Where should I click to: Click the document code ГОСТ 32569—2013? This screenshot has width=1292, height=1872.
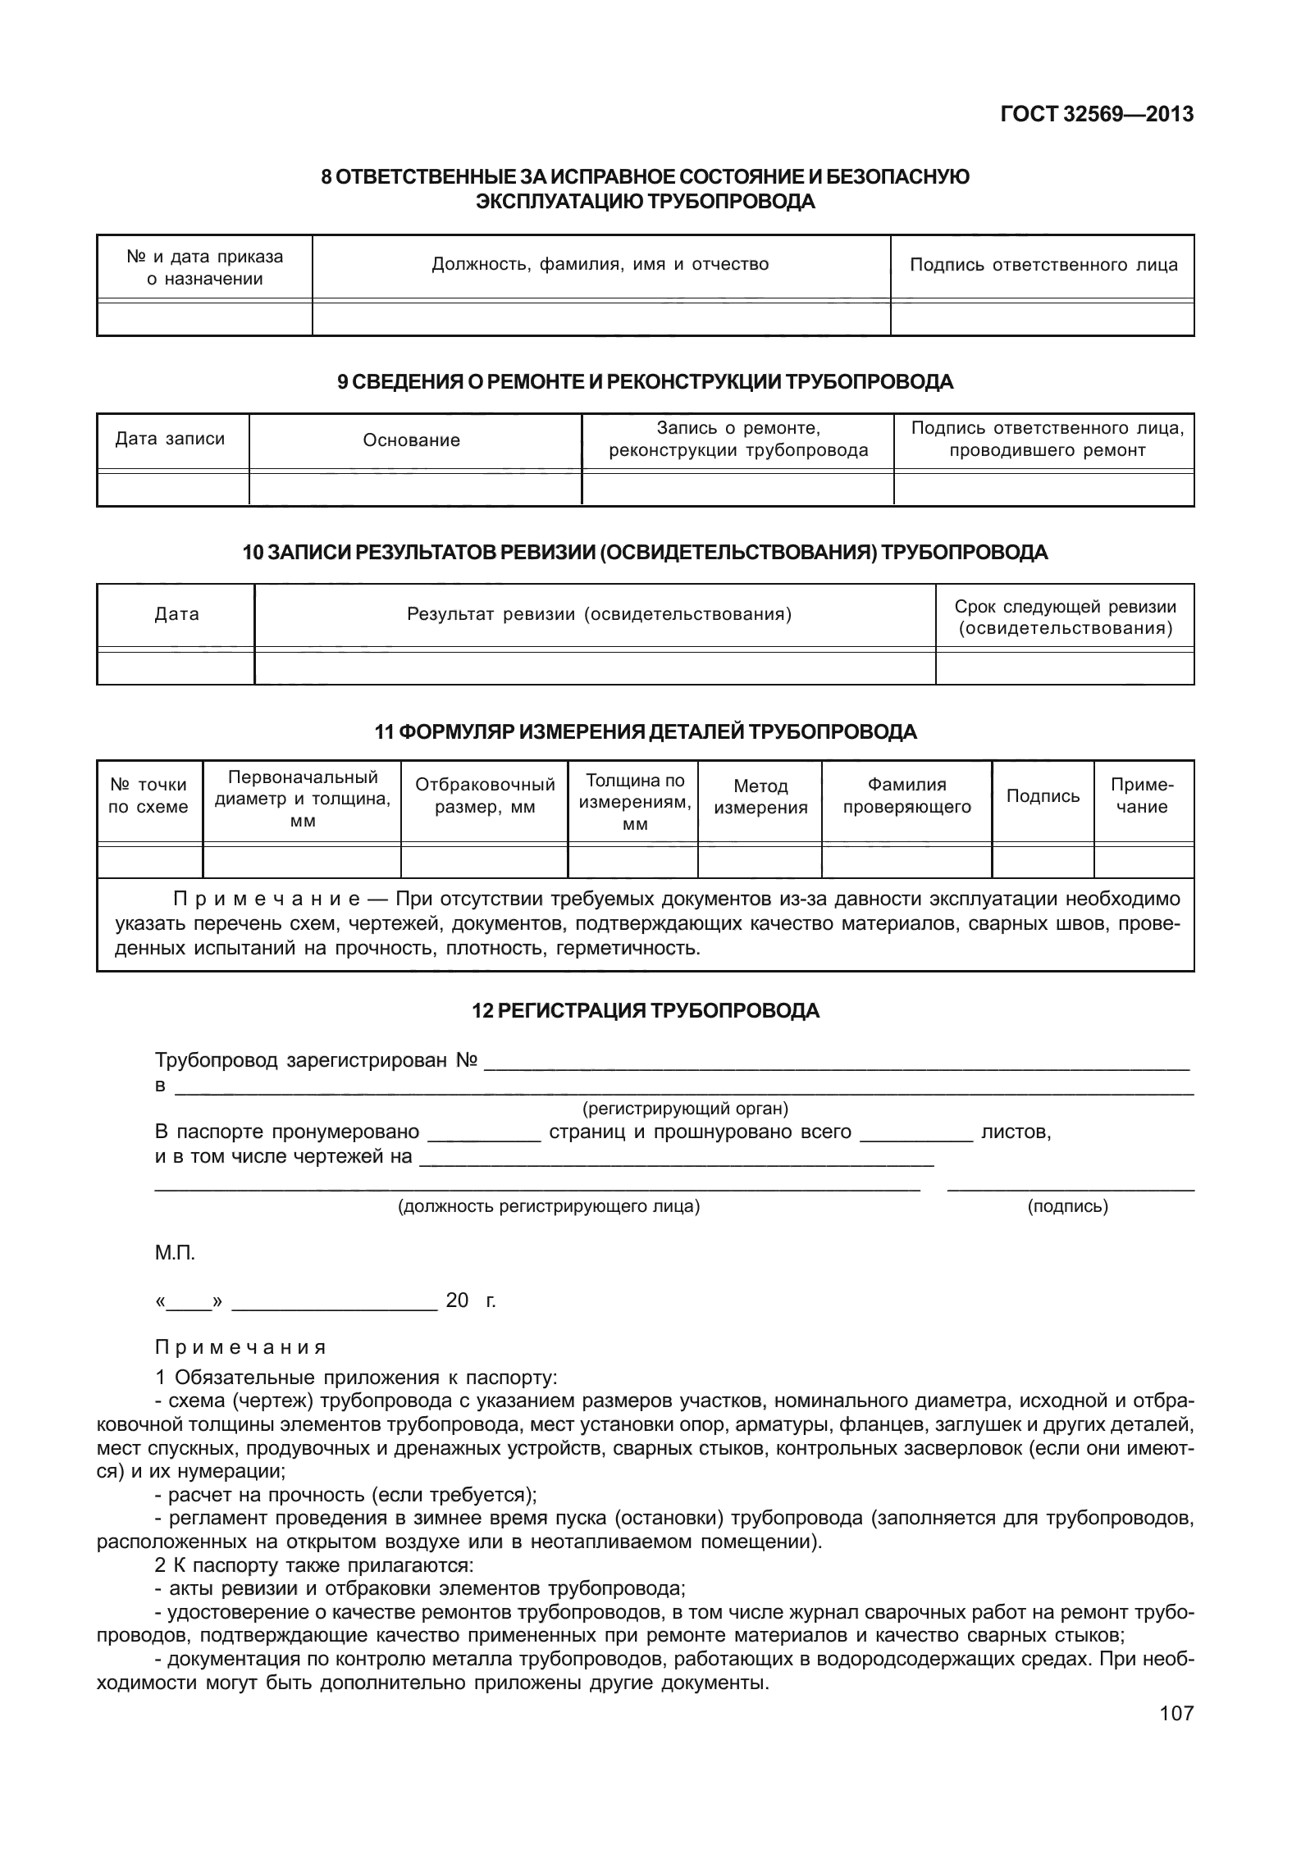[x=1096, y=115]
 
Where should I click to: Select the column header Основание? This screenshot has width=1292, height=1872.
[x=411, y=440]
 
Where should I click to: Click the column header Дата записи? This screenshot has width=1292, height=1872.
[x=170, y=439]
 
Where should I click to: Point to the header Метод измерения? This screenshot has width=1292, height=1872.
[x=760, y=797]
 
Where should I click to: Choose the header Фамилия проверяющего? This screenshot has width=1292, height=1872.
[x=906, y=796]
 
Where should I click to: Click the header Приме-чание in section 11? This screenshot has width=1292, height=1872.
[x=1143, y=795]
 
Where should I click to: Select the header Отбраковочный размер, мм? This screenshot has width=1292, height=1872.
[x=485, y=795]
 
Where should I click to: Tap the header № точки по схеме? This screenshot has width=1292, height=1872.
[x=148, y=795]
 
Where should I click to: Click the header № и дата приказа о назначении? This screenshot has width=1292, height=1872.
[x=204, y=267]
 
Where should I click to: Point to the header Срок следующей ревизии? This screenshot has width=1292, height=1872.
[x=1065, y=617]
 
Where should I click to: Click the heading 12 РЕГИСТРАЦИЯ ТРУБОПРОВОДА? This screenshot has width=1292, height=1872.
[x=646, y=1011]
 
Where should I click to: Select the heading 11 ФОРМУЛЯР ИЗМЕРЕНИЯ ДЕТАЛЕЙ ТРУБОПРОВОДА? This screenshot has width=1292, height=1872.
[x=646, y=732]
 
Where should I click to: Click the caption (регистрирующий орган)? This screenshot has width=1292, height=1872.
[x=684, y=1109]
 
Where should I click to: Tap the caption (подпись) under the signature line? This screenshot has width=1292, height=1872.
[x=1067, y=1206]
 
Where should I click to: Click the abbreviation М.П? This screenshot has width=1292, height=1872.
[x=175, y=1253]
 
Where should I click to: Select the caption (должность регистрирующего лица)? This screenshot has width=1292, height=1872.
[x=548, y=1206]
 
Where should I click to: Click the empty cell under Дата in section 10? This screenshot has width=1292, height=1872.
[x=176, y=667]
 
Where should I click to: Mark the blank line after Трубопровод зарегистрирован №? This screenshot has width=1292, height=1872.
[x=836, y=1067]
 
